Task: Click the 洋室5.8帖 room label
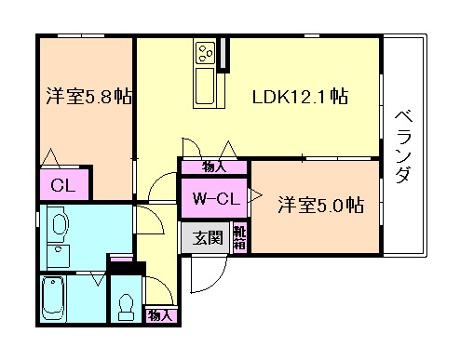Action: point(88,96)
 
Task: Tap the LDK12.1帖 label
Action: point(300,96)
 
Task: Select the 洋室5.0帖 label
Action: point(320,205)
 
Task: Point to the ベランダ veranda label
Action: point(404,146)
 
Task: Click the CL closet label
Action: point(63,185)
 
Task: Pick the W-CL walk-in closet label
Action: point(216,198)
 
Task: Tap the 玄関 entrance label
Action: point(208,238)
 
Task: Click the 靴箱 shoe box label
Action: point(239,238)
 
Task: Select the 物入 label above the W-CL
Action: point(213,167)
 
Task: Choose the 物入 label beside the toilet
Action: point(160,316)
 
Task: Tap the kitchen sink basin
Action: point(205,86)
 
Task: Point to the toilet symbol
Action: point(126,307)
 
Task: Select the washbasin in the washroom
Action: point(61,224)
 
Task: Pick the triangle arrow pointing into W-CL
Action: point(254,195)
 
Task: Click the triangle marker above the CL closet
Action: point(50,157)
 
